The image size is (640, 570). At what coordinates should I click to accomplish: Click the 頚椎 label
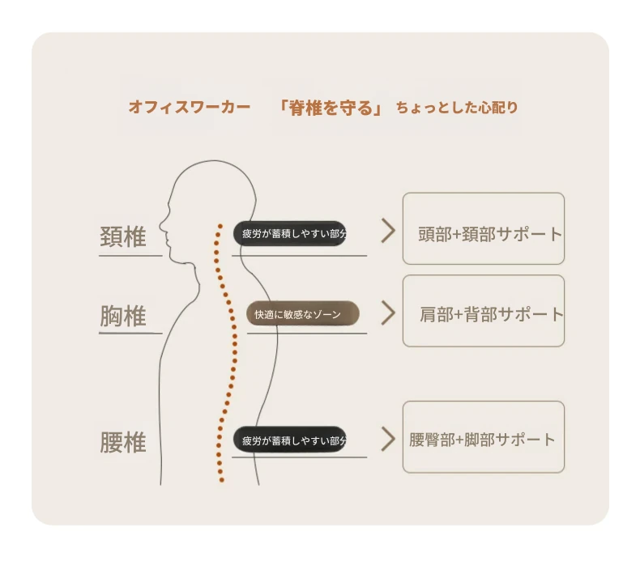(123, 236)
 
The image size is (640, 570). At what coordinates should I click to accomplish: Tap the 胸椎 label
(123, 316)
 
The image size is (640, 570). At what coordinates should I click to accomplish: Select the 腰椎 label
(123, 442)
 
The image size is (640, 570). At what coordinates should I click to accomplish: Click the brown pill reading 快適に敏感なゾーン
(302, 314)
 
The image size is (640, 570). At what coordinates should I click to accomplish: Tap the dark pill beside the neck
(290, 233)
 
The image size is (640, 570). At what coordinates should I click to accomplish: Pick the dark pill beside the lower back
(290, 440)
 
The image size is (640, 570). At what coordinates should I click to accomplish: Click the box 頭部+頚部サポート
(484, 228)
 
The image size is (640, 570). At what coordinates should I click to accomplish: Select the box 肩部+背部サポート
(484, 311)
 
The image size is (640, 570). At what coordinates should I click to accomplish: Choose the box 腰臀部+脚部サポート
(484, 437)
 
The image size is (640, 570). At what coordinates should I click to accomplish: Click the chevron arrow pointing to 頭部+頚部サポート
(389, 231)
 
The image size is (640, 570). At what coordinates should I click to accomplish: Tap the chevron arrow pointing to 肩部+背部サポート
(389, 313)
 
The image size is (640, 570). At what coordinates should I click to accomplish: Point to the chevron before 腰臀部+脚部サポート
(389, 439)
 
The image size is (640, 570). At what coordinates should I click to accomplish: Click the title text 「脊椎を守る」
(330, 108)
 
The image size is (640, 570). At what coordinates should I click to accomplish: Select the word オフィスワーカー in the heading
(190, 108)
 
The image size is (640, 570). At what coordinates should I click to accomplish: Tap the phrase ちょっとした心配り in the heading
(457, 108)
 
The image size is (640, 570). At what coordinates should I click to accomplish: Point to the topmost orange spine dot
(220, 226)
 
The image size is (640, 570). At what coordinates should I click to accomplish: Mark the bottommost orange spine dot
(222, 480)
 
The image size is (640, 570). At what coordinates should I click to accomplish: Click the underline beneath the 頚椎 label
(130, 256)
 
